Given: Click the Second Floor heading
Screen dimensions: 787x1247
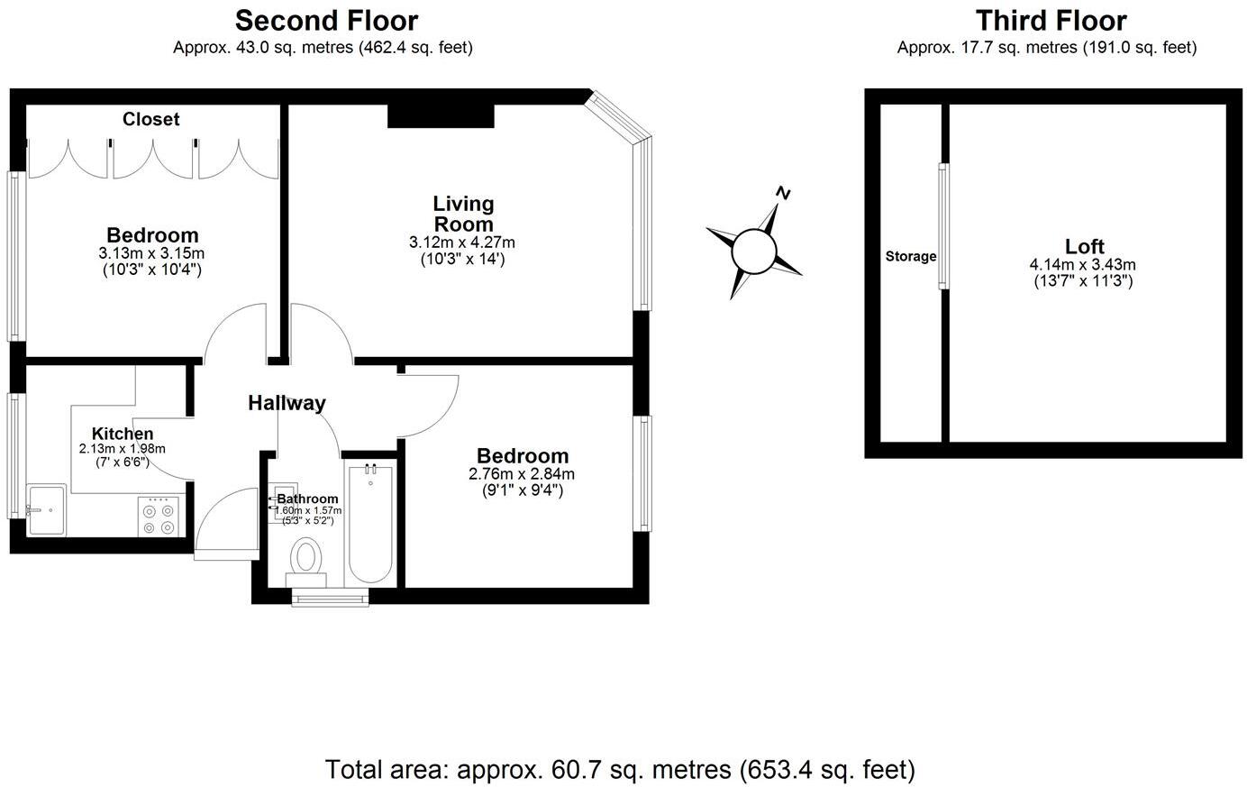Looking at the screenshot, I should pos(326,20).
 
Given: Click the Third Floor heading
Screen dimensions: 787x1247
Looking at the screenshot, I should pos(1051,20).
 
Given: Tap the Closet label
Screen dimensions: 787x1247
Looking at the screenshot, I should pos(150,119).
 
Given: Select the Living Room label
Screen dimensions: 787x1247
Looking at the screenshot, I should pos(463,214).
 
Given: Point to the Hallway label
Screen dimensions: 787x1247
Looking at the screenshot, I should pos(287,403).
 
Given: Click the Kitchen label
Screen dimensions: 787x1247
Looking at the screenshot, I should pos(123,434).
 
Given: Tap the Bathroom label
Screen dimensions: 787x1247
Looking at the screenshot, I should pos(307,499).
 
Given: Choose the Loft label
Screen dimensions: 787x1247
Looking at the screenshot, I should pos(1084,246).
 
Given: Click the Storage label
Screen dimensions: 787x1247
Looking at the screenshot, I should pos(910,256).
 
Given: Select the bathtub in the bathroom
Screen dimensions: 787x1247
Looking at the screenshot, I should pos(370,523).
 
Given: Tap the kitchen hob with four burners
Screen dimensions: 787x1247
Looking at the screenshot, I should pos(159,517).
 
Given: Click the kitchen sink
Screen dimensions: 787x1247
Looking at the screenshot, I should pos(47,510).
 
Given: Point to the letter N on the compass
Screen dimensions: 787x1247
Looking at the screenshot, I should pos(784,193).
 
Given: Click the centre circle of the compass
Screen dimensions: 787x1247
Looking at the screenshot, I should pos(753,250).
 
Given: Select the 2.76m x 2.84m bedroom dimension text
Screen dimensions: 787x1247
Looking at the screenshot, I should pos(522,474).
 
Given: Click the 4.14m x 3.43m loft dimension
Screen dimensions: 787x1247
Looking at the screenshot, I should pos(1083,265).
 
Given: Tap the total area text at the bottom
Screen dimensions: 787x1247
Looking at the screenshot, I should pos(620,769).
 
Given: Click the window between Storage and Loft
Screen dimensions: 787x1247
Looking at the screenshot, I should pos(943,225).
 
